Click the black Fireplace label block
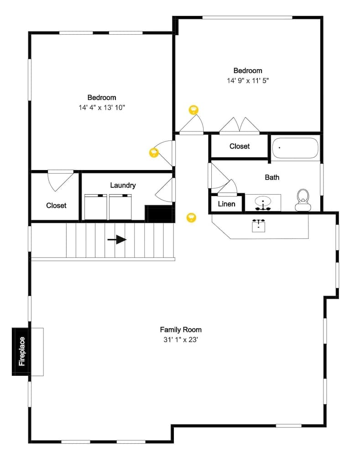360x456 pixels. (x=21, y=351)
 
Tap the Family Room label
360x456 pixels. (x=180, y=329)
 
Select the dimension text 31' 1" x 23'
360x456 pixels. (x=180, y=340)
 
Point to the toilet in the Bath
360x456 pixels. (x=302, y=200)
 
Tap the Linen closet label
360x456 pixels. (x=226, y=204)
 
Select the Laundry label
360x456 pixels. (x=123, y=185)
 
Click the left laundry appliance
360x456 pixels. (x=96, y=207)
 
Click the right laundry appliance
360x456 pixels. (x=120, y=207)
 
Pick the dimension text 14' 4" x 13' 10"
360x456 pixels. (x=101, y=108)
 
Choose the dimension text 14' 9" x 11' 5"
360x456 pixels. (x=248, y=81)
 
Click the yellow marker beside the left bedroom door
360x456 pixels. (x=154, y=153)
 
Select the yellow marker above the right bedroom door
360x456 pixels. (x=193, y=110)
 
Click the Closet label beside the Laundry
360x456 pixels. (x=56, y=206)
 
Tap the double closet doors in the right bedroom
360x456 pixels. (x=240, y=126)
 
